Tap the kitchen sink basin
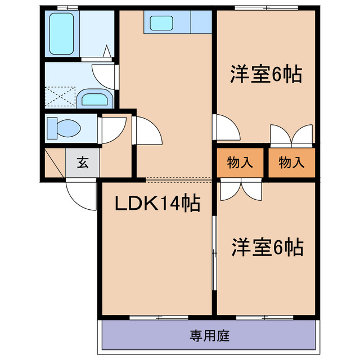point(161,23)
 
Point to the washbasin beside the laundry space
point(94,99)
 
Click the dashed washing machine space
point(60,96)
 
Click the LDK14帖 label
point(157,204)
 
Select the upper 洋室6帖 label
point(265,75)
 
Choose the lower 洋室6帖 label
point(267,247)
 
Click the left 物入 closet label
point(240,163)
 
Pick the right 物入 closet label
point(291,163)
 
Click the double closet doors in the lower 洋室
point(240,190)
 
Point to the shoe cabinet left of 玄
point(55,163)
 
